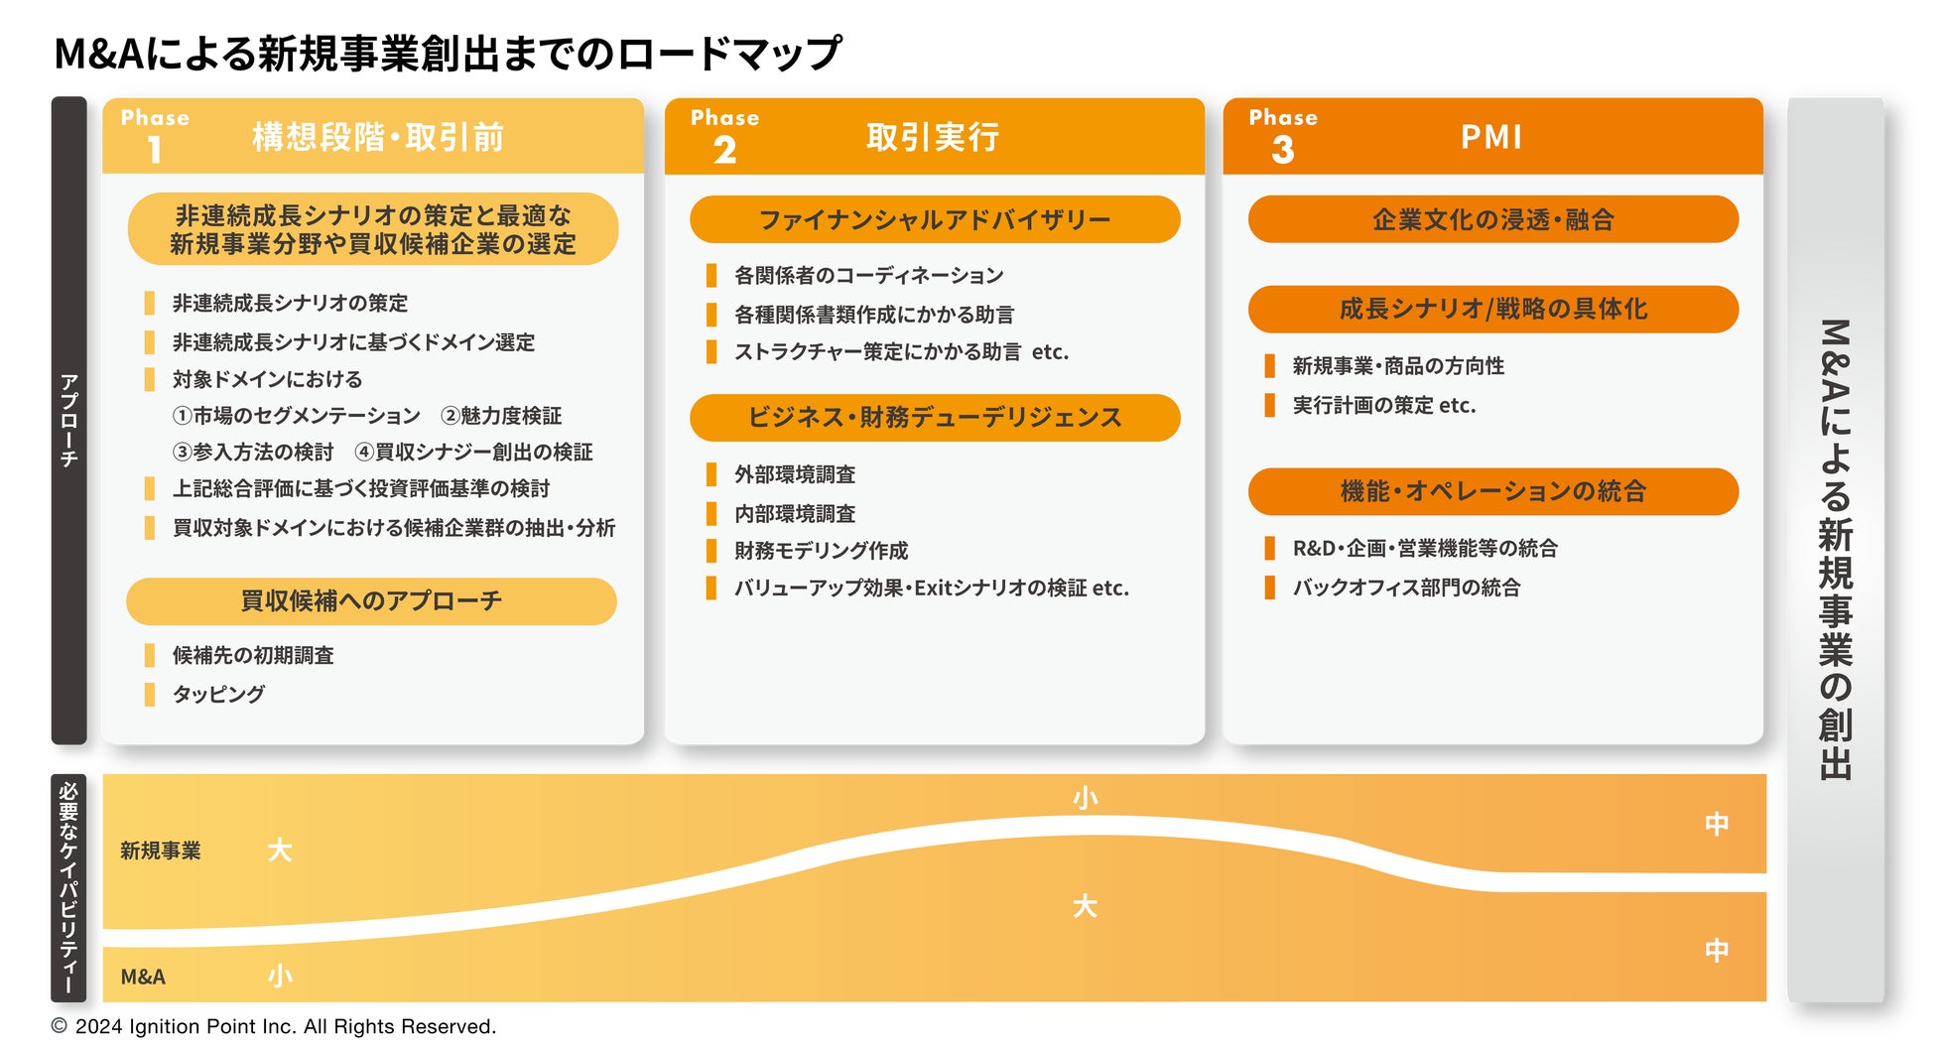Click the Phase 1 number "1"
coord(154,150)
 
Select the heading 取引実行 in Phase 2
coord(932,137)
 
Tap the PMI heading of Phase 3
coord(1490,137)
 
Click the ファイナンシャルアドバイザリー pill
coord(934,219)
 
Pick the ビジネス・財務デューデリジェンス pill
coord(934,418)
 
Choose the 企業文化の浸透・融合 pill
coord(1492,219)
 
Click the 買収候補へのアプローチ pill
coord(371,601)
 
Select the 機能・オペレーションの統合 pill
coord(1492,491)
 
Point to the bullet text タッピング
coord(218,694)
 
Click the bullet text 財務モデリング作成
coord(821,551)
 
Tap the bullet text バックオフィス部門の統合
coord(1405,588)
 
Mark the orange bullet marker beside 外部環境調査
coord(711,474)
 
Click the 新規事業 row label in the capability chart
coord(161,851)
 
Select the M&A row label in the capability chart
coord(143,977)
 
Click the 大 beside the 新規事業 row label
coord(280,851)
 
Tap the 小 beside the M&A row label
coord(280,977)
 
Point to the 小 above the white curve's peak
coord(1085,798)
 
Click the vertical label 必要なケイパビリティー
coord(68,887)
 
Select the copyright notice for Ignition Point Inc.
coord(274,1026)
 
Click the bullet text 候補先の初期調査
coord(253,655)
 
